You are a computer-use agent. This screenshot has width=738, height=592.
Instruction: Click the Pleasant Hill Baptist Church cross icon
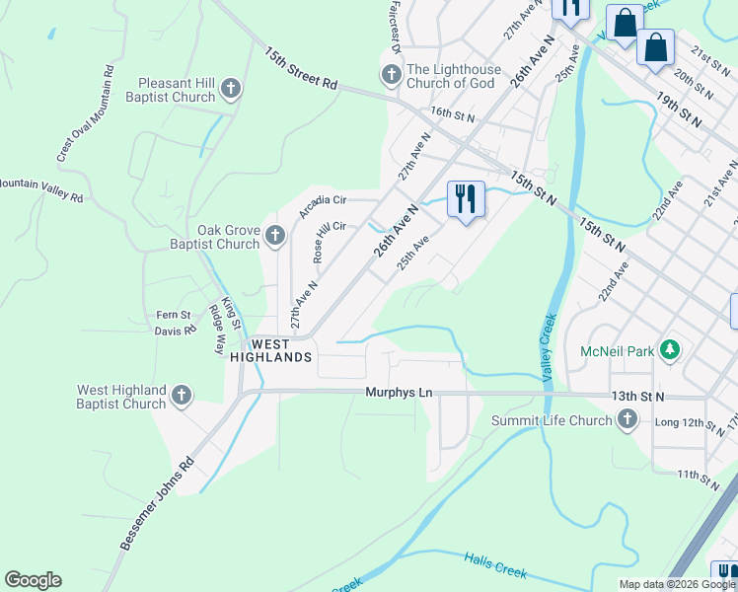point(230,90)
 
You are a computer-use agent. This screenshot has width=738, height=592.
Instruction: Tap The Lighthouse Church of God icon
point(391,76)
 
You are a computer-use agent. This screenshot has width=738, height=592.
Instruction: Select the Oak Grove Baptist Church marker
point(275,237)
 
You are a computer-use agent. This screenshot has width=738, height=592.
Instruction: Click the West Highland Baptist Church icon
point(181,397)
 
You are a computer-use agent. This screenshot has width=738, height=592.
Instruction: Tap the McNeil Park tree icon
point(671,350)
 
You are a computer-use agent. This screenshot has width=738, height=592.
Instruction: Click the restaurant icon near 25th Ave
point(464,199)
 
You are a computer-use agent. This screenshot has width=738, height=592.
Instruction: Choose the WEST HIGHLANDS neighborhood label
point(271,350)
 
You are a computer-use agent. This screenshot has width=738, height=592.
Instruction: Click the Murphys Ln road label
point(399,393)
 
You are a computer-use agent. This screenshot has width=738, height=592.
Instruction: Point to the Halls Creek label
point(495,566)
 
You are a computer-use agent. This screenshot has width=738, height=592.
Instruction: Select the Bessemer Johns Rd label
point(156,503)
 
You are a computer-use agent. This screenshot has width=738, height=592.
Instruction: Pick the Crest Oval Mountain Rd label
point(85,114)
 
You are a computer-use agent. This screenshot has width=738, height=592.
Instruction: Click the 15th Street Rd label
point(301,68)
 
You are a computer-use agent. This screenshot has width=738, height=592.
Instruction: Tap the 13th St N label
point(637,396)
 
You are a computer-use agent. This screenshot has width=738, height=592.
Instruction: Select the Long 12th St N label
point(691,423)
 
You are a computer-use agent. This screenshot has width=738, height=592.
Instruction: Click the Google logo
point(33,580)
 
